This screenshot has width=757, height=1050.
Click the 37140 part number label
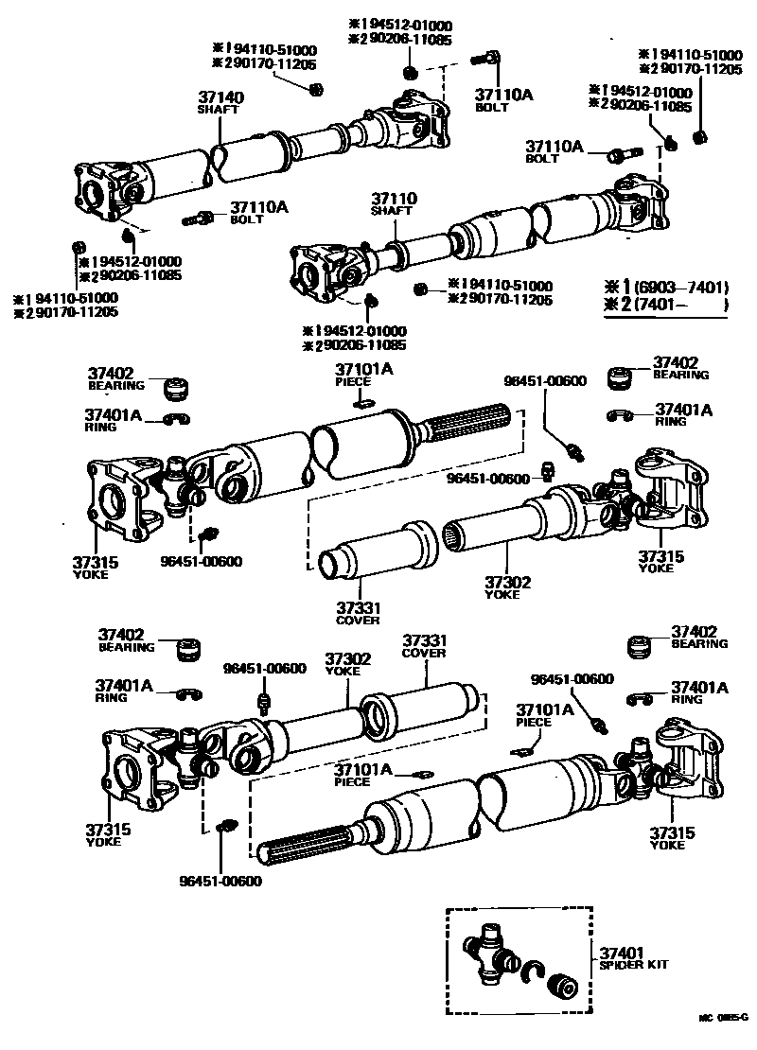click(x=220, y=96)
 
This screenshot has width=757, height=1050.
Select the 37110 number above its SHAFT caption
click(x=393, y=200)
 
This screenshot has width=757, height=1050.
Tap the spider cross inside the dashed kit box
click(x=489, y=951)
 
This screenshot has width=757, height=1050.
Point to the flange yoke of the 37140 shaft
click(x=101, y=188)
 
